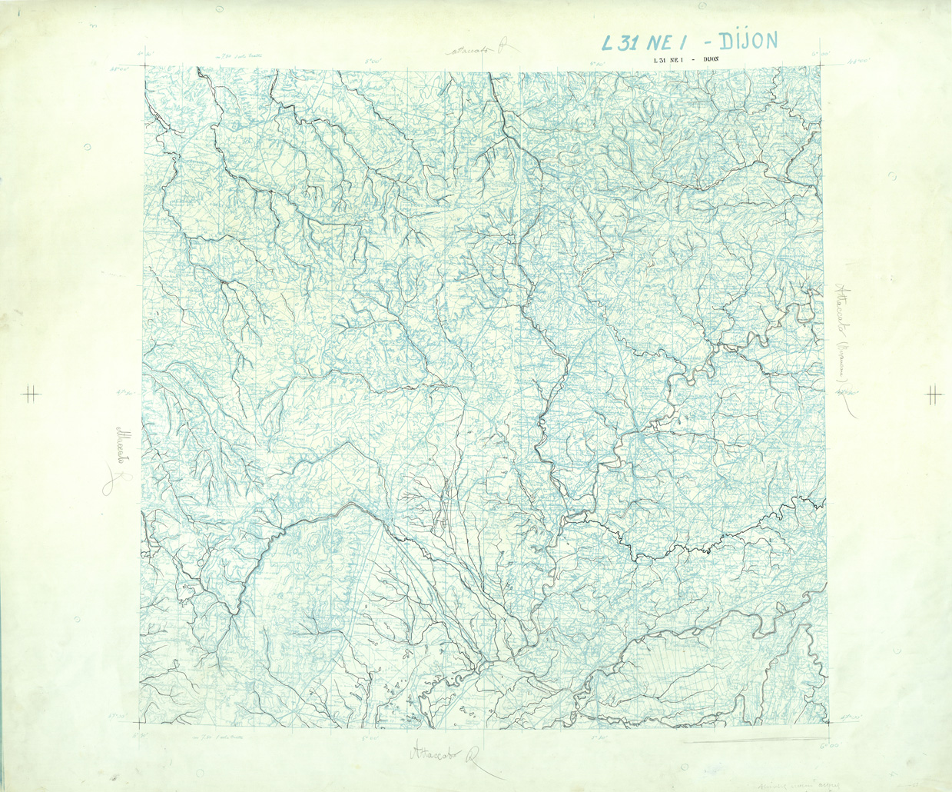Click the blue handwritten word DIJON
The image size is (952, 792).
tap(742, 41)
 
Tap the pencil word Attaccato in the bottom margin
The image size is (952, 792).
tap(435, 751)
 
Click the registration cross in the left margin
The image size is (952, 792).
tap(31, 395)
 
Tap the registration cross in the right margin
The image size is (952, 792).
tap(934, 395)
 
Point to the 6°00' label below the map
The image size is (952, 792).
tap(828, 744)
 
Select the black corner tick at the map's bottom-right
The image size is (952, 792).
tap(828, 722)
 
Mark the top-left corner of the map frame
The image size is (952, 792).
tap(144, 66)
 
